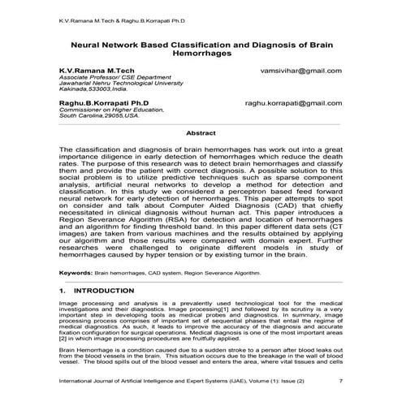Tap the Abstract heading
pos(201,132)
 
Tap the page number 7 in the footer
pos(340,380)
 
